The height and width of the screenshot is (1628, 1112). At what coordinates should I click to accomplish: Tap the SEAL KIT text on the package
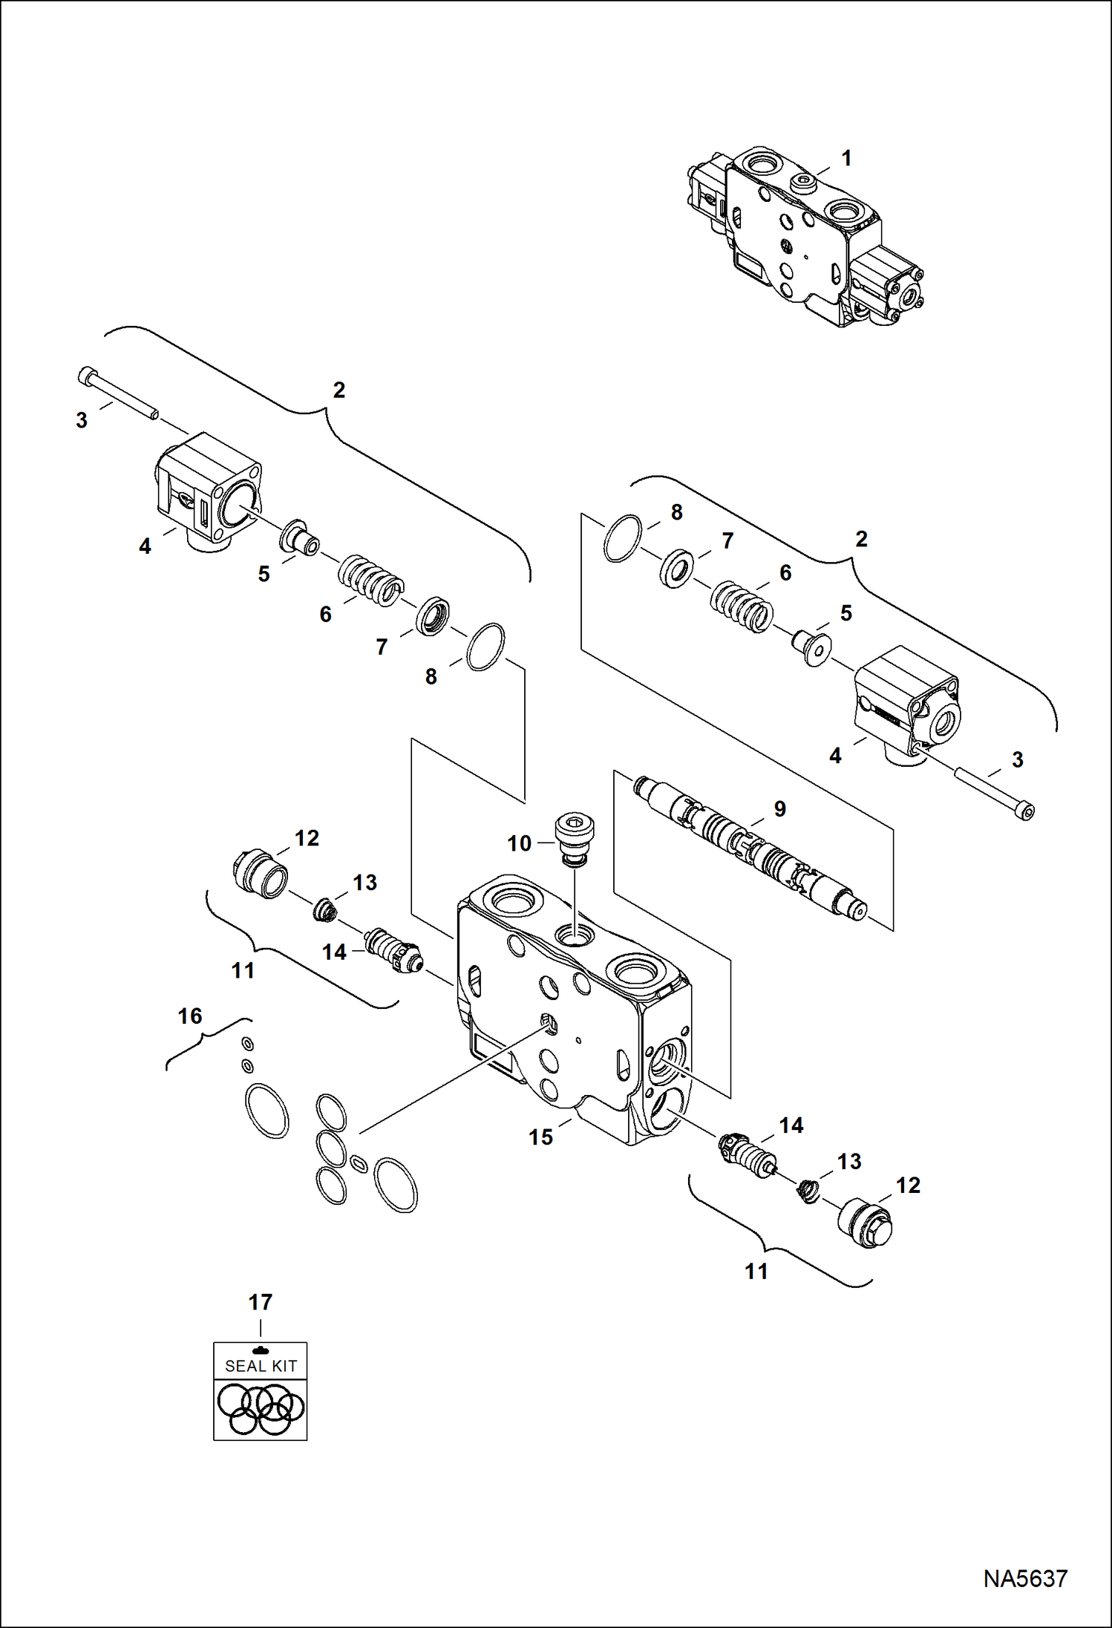[x=261, y=1365]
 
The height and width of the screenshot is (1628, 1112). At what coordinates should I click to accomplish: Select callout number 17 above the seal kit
[x=261, y=1301]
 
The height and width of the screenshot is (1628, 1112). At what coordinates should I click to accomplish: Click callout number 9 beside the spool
[x=779, y=808]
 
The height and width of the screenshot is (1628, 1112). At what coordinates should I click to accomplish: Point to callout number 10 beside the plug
[x=520, y=843]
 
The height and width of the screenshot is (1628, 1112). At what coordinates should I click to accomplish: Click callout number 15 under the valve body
[x=540, y=1137]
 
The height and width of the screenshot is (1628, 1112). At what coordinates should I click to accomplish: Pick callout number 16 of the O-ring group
[x=190, y=1016]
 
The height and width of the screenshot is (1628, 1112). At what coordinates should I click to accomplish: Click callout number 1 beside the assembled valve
[x=846, y=158]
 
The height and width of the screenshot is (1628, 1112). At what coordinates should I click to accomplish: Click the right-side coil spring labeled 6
[x=742, y=607]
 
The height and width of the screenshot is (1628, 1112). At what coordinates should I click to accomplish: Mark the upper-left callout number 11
[x=243, y=970]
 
